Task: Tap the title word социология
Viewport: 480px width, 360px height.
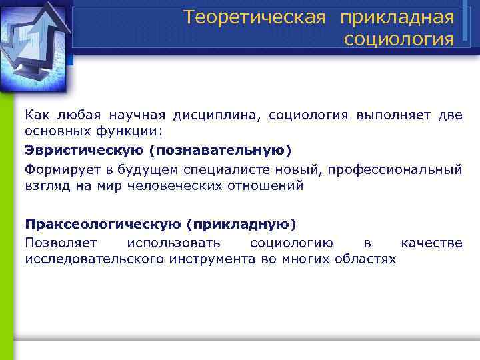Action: point(399,39)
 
